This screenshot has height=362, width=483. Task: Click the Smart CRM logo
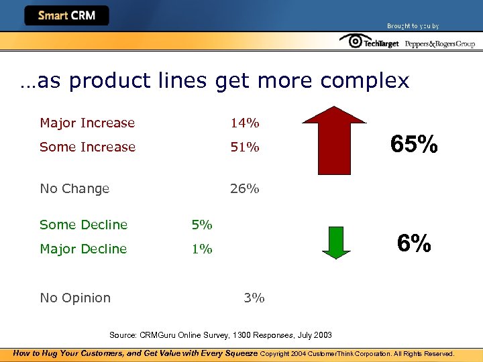click(66, 15)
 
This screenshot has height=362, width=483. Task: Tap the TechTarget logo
click(369, 42)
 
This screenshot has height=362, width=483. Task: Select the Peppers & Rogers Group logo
click(440, 44)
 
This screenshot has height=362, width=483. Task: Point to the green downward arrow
click(336, 242)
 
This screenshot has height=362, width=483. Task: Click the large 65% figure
click(415, 144)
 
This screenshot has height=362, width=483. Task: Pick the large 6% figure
click(414, 243)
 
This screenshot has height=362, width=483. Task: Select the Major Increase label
click(87, 123)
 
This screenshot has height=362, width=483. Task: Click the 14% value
click(245, 123)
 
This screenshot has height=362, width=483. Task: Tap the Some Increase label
click(87, 147)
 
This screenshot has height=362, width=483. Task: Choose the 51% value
click(244, 147)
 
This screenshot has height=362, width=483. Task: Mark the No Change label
click(74, 188)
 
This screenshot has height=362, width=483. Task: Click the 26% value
click(244, 188)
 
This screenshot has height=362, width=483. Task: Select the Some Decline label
click(83, 225)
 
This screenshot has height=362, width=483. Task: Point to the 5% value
click(202, 225)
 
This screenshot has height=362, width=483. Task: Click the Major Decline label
click(83, 249)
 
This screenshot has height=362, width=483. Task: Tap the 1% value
click(202, 249)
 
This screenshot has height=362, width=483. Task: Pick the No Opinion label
click(75, 298)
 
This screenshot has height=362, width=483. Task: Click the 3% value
click(254, 298)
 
